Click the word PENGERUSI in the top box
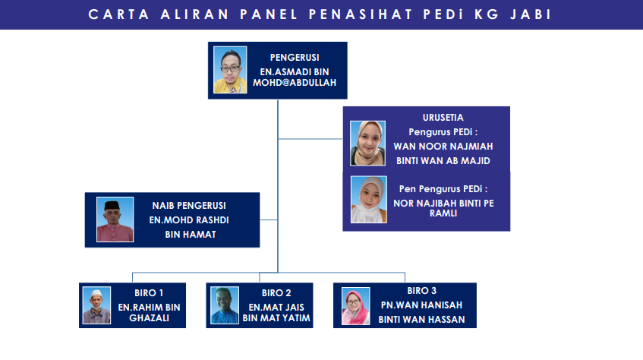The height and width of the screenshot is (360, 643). click(295, 58)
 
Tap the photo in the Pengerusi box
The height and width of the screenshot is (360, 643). click(230, 70)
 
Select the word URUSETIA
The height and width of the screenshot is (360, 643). click(443, 118)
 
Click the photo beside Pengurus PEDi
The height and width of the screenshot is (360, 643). click(368, 143)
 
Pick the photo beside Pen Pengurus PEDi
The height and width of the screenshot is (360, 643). click(369, 200)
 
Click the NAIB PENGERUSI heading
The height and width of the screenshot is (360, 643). click(189, 206)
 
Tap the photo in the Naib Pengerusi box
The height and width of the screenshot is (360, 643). click(115, 219)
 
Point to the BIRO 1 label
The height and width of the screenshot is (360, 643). click(149, 293)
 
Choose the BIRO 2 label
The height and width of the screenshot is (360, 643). click(276, 293)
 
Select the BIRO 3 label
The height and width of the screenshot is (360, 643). click(421, 291)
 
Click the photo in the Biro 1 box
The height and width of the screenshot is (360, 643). click(96, 305)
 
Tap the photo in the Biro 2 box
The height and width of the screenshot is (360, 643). click(224, 305)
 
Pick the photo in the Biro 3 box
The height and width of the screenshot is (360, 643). click(355, 306)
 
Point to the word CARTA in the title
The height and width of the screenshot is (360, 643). click(119, 14)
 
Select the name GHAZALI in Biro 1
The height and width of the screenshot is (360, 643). click(150, 318)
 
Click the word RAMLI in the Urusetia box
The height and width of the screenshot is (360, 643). click(443, 213)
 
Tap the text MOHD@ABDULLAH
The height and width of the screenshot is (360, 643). click(295, 83)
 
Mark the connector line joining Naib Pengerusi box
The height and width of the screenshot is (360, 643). click(269, 219)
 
